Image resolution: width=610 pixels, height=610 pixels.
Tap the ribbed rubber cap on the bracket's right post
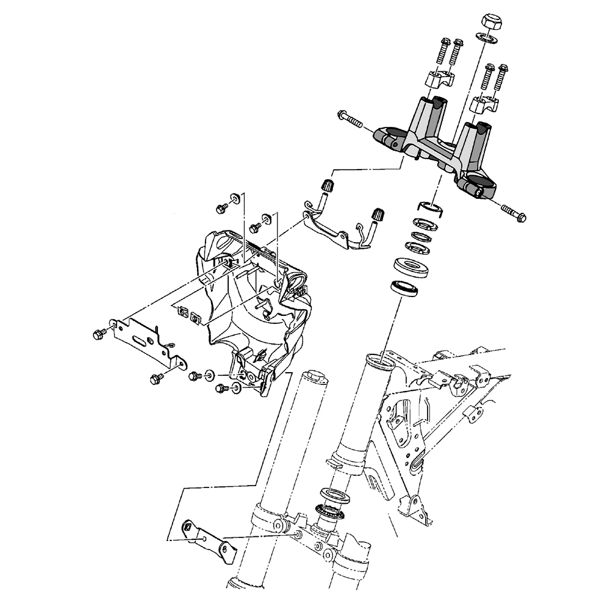pos(376,215)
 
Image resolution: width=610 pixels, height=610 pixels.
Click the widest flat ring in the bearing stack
pos(409,267)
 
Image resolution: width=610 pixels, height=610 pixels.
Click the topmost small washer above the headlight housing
pos(234,198)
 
